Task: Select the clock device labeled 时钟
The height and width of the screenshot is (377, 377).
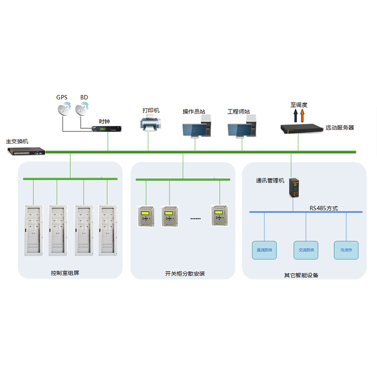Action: [108, 128]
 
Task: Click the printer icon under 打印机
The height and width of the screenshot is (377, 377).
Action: [151, 124]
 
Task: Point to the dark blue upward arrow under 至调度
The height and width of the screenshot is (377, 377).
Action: [295, 115]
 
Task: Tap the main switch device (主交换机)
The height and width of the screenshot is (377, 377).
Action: [26, 151]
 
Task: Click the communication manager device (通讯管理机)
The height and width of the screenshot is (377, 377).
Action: [295, 188]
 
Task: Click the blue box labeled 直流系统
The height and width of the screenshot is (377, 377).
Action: [265, 250]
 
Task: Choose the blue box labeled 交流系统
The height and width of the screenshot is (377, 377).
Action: [306, 250]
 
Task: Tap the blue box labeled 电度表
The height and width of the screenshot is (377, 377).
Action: [346, 250]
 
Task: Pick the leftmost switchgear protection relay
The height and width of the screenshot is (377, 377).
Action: [145, 217]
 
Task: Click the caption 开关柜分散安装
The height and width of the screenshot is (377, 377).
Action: [185, 274]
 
